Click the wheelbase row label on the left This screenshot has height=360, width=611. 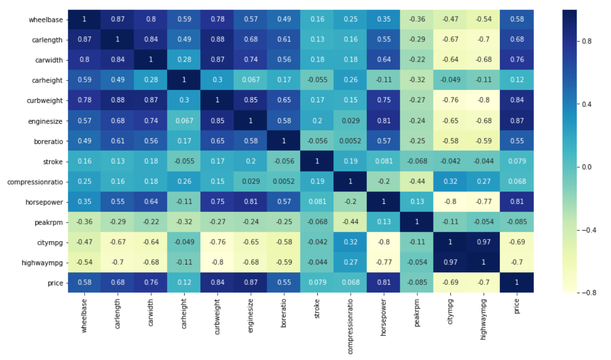pyautogui.click(x=46, y=19)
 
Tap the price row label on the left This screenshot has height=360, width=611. pyautogui.click(x=54, y=283)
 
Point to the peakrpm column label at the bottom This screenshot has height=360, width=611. pyautogui.click(x=416, y=313)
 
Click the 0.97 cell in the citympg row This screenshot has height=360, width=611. pyautogui.click(x=483, y=243)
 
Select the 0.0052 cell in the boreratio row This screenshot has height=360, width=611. pyautogui.click(x=350, y=141)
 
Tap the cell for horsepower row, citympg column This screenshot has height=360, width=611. pyautogui.click(x=450, y=202)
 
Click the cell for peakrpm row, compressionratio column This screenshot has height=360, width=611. pyautogui.click(x=350, y=222)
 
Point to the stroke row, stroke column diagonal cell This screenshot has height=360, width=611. pyautogui.click(x=316, y=161)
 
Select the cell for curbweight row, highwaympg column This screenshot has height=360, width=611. pyautogui.click(x=483, y=101)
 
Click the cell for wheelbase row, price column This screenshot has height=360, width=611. pyautogui.click(x=517, y=19)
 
